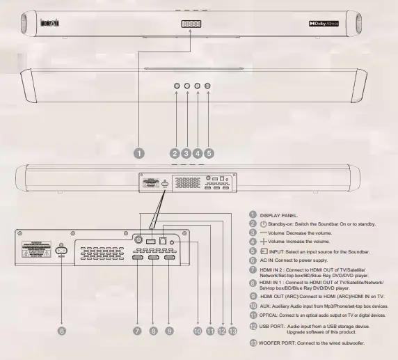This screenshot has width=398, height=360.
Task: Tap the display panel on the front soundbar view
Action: [x=190, y=24]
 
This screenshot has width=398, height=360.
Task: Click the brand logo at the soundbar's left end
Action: [x=51, y=24]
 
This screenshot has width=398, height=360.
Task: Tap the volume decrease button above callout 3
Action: [x=187, y=86]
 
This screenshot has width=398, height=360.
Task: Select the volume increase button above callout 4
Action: [x=198, y=86]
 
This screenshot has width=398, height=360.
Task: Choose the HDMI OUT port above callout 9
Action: [x=169, y=258]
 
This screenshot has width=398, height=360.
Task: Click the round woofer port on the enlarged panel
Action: [x=138, y=238]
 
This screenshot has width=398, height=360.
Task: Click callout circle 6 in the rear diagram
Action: [x=61, y=331]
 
